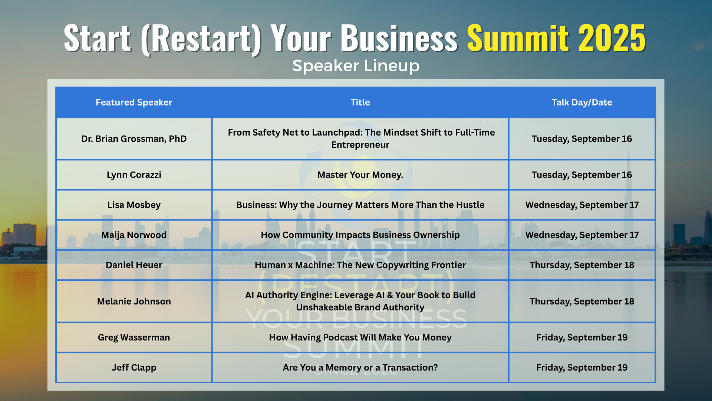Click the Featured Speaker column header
(134, 102)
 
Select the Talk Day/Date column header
(582, 102)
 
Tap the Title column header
(360, 102)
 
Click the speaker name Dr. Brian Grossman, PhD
(134, 139)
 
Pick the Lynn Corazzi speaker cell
(134, 175)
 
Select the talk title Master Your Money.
(360, 175)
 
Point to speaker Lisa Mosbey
(134, 205)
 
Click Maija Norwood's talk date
(582, 235)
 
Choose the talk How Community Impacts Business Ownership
(360, 235)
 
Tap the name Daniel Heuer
(134, 265)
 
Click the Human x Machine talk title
(360, 265)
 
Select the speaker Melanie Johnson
(134, 301)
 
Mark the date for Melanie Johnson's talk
(582, 301)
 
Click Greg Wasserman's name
(134, 338)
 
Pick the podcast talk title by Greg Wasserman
(360, 338)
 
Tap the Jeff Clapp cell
(134, 368)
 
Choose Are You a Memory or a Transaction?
(360, 368)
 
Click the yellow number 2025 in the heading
(612, 38)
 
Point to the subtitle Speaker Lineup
(356, 66)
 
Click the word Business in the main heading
(399, 38)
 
